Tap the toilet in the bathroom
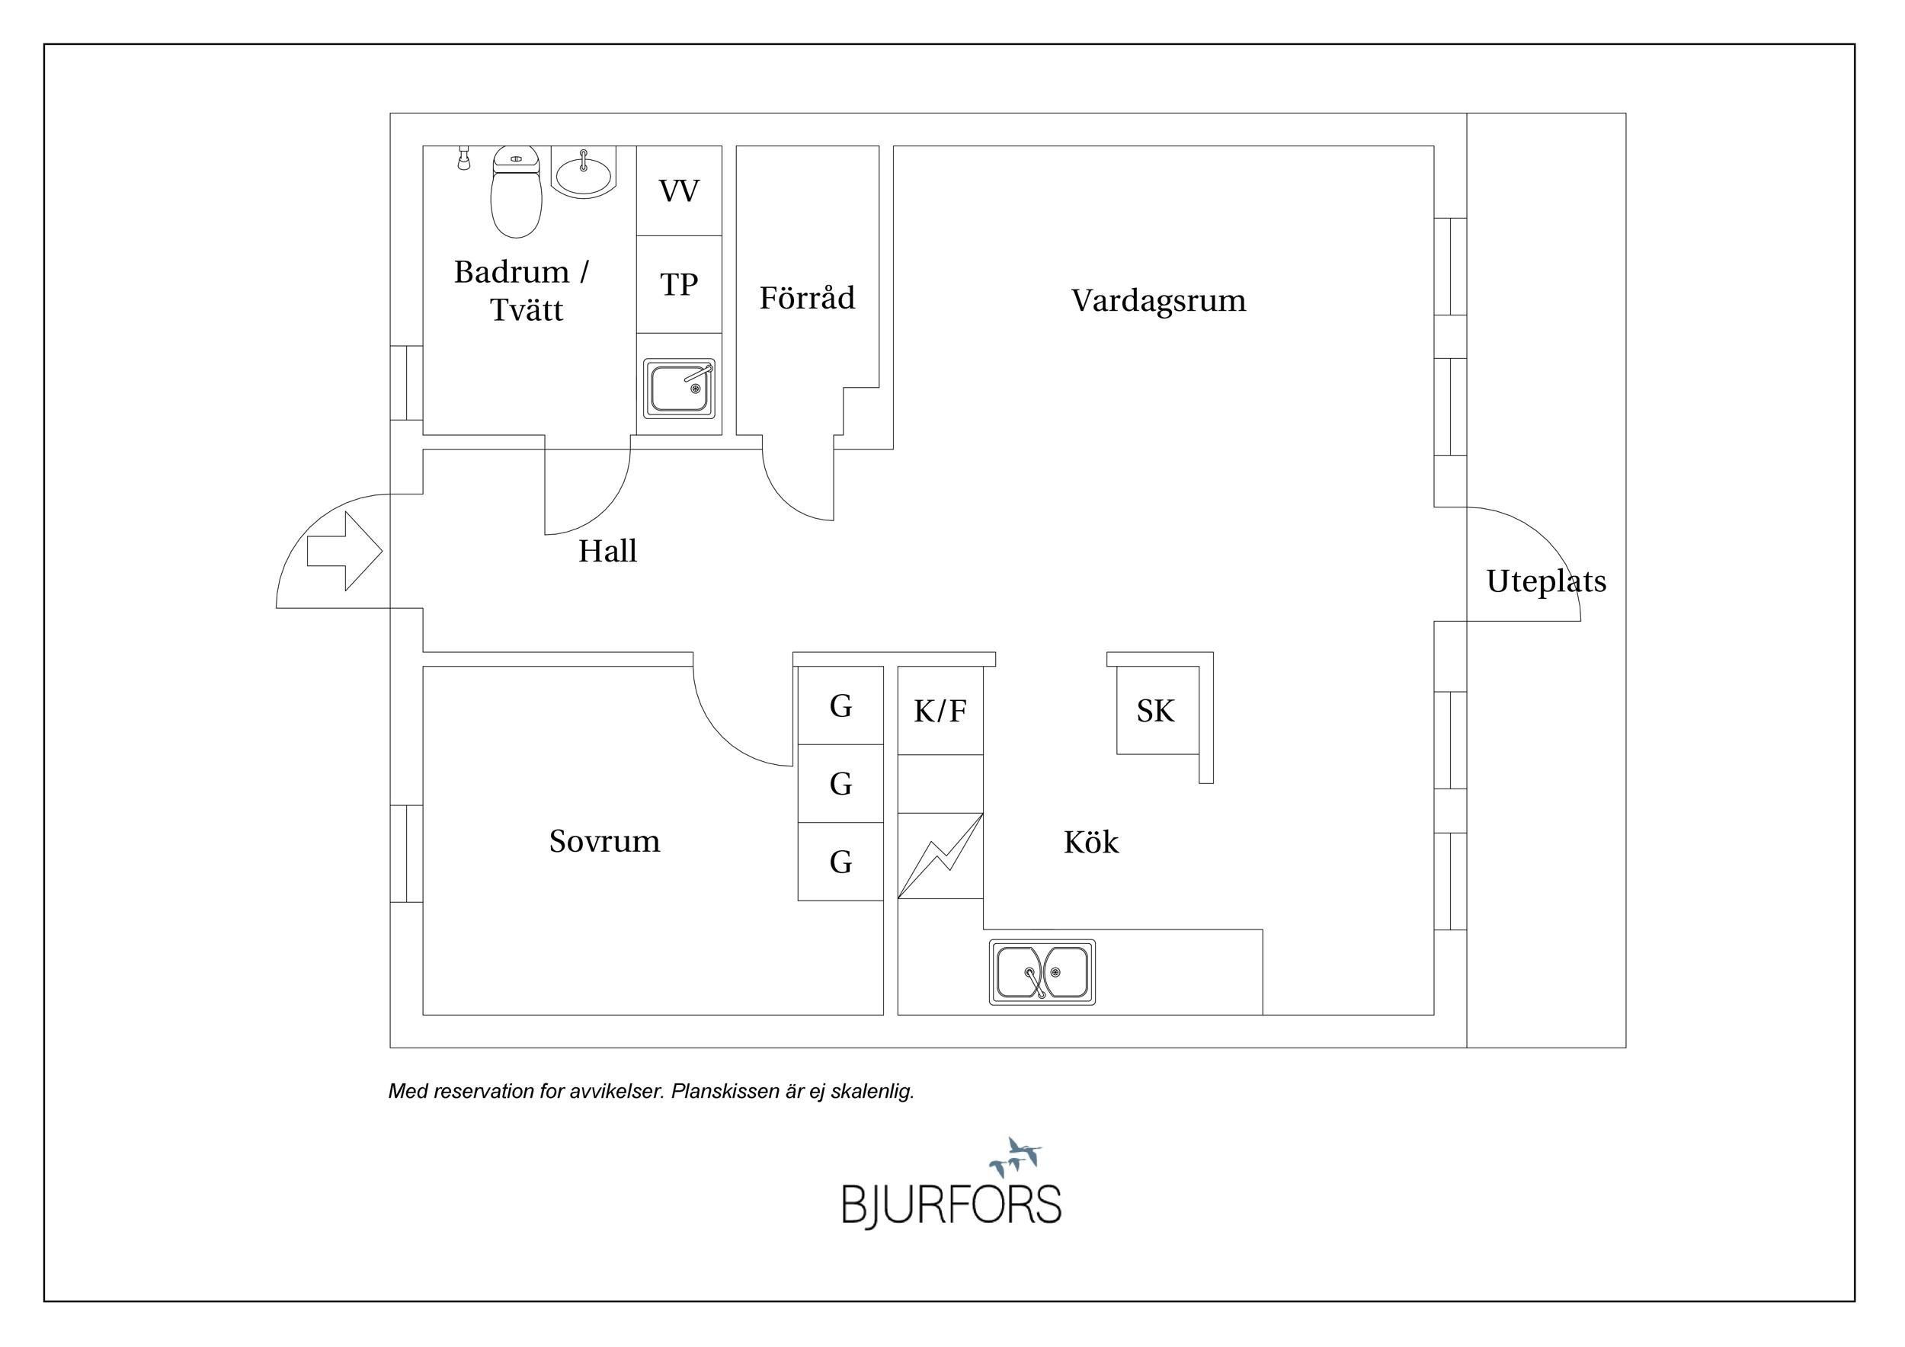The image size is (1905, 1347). point(516,193)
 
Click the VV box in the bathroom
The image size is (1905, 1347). point(679,191)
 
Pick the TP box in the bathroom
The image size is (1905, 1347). point(679,284)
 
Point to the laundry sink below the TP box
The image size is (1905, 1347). point(679,388)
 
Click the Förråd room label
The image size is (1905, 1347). point(806,298)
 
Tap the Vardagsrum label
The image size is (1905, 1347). point(1158,300)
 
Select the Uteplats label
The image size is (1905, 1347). point(1546,581)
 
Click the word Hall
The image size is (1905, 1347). point(607,552)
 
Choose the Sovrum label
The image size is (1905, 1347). point(604,841)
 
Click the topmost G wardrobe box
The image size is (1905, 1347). point(840,705)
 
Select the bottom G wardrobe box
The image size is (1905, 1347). point(840,862)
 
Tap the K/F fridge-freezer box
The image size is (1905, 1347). point(940,711)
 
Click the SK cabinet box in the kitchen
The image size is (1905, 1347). point(1156,711)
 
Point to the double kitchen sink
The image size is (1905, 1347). point(1042,972)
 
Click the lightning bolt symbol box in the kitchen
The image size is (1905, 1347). point(940,856)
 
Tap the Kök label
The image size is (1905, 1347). point(1091,843)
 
